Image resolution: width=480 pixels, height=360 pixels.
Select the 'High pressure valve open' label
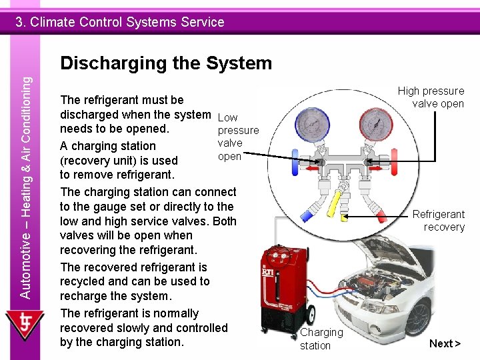[431, 97]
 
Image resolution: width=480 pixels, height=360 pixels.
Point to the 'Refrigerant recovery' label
[438, 221]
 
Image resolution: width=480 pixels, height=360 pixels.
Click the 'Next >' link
[445, 343]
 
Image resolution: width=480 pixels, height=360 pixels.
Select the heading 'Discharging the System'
[166, 63]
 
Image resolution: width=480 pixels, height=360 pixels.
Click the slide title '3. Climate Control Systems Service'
[120, 22]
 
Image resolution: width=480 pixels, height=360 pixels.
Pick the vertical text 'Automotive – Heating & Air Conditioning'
[25, 187]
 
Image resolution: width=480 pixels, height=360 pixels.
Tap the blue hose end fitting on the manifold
[307, 215]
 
